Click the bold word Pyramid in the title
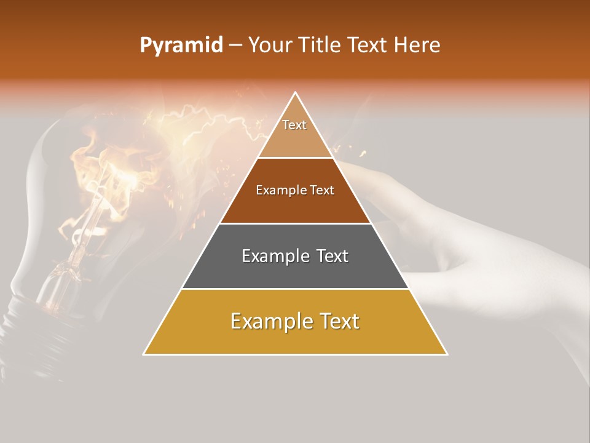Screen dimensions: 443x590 click(181, 45)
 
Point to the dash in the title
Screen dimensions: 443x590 click(235, 45)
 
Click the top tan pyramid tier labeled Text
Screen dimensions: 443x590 click(294, 132)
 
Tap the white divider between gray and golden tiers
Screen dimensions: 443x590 click(295, 289)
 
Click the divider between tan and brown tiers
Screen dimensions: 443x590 click(295, 158)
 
